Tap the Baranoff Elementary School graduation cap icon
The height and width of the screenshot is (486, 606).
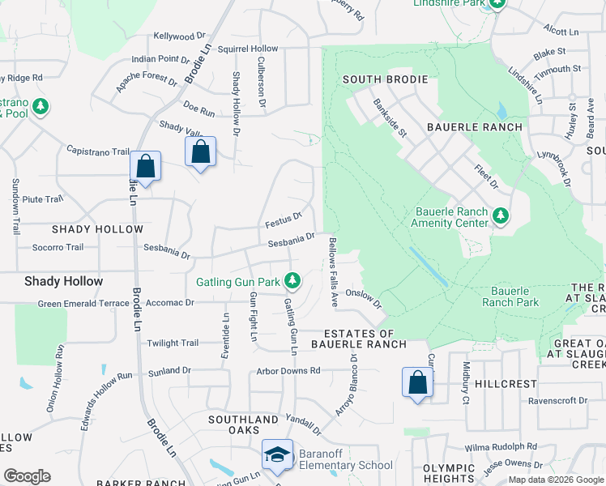277,454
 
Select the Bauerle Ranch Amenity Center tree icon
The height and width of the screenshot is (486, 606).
501,215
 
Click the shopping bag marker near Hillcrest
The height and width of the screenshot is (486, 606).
417,382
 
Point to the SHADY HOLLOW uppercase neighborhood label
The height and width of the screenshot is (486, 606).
87,229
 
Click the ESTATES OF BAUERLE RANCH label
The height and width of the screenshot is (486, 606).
359,339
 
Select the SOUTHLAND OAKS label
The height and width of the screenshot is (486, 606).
244,420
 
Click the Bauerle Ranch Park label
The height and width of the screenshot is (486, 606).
510,296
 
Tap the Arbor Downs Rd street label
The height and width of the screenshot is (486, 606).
288,370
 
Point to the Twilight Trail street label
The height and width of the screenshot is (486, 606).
173,343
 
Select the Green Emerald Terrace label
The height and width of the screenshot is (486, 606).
83,304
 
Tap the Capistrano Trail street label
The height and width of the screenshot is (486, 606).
98,151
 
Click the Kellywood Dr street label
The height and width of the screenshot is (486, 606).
174,36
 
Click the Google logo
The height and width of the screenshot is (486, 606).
27,476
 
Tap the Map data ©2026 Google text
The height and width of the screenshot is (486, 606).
556,480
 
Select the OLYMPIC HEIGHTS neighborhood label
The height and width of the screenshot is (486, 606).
449,474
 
